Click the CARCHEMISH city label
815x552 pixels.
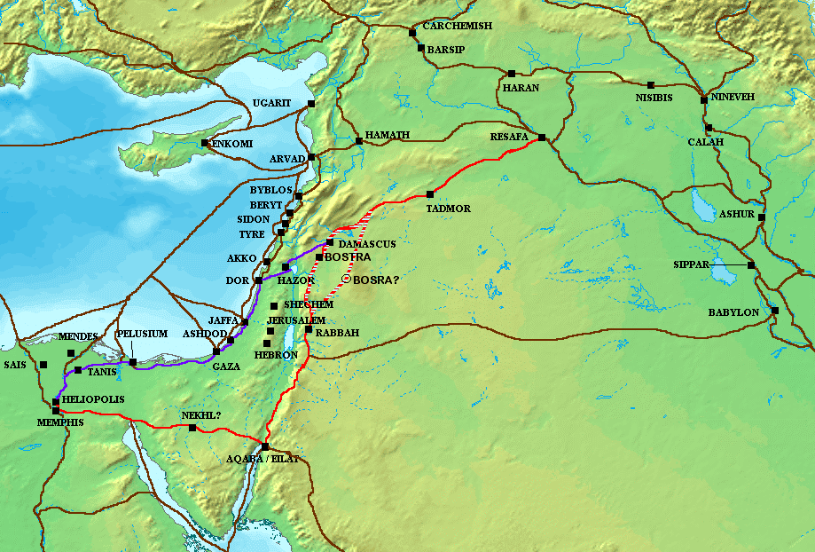pos(457,27)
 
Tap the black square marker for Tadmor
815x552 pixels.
pos(430,194)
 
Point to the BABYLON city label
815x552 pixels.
pos(733,312)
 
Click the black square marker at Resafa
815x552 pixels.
pos(542,138)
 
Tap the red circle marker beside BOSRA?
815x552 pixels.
pos(346,280)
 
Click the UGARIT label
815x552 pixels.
pos(271,104)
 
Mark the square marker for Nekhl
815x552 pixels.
pos(192,428)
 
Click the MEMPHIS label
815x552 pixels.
pos(61,422)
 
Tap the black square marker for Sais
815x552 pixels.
pos(43,365)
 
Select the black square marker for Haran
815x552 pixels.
pos(512,74)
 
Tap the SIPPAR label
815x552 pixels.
pos(693,265)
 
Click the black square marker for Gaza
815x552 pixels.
pos(216,351)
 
